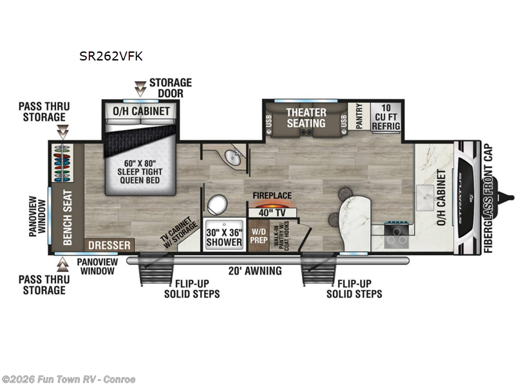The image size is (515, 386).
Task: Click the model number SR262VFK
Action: point(111,56)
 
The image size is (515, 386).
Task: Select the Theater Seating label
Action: point(306,117)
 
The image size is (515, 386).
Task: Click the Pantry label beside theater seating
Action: point(359,116)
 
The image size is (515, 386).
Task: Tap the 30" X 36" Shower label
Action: point(224,237)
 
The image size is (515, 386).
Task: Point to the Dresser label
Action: point(110,245)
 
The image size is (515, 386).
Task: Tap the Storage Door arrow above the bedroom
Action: point(140,88)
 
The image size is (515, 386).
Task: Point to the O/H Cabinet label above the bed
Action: point(142,111)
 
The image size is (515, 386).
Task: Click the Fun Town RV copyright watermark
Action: point(69,379)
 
